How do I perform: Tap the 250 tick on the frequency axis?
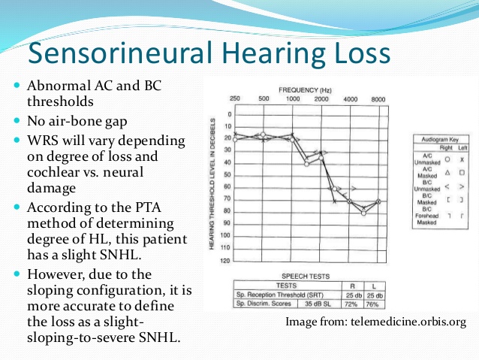coord(235,98)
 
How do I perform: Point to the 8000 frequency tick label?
coord(379,98)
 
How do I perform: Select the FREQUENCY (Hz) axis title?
coord(307,89)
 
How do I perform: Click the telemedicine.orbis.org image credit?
coord(376,322)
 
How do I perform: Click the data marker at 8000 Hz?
coord(379,201)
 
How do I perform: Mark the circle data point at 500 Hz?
coord(263,135)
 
